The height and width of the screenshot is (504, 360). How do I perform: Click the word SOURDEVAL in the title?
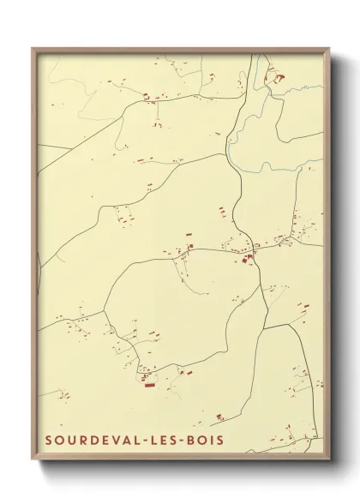89,441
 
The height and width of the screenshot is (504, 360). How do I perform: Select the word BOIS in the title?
206,441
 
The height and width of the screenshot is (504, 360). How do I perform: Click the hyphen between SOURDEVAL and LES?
141,441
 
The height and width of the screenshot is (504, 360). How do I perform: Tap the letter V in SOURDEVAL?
110,441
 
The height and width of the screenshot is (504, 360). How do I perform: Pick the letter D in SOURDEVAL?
89,441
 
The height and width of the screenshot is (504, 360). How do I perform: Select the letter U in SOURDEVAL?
69,441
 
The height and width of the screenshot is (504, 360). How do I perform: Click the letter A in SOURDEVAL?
121,441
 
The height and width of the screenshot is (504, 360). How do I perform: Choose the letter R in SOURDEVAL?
79,441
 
